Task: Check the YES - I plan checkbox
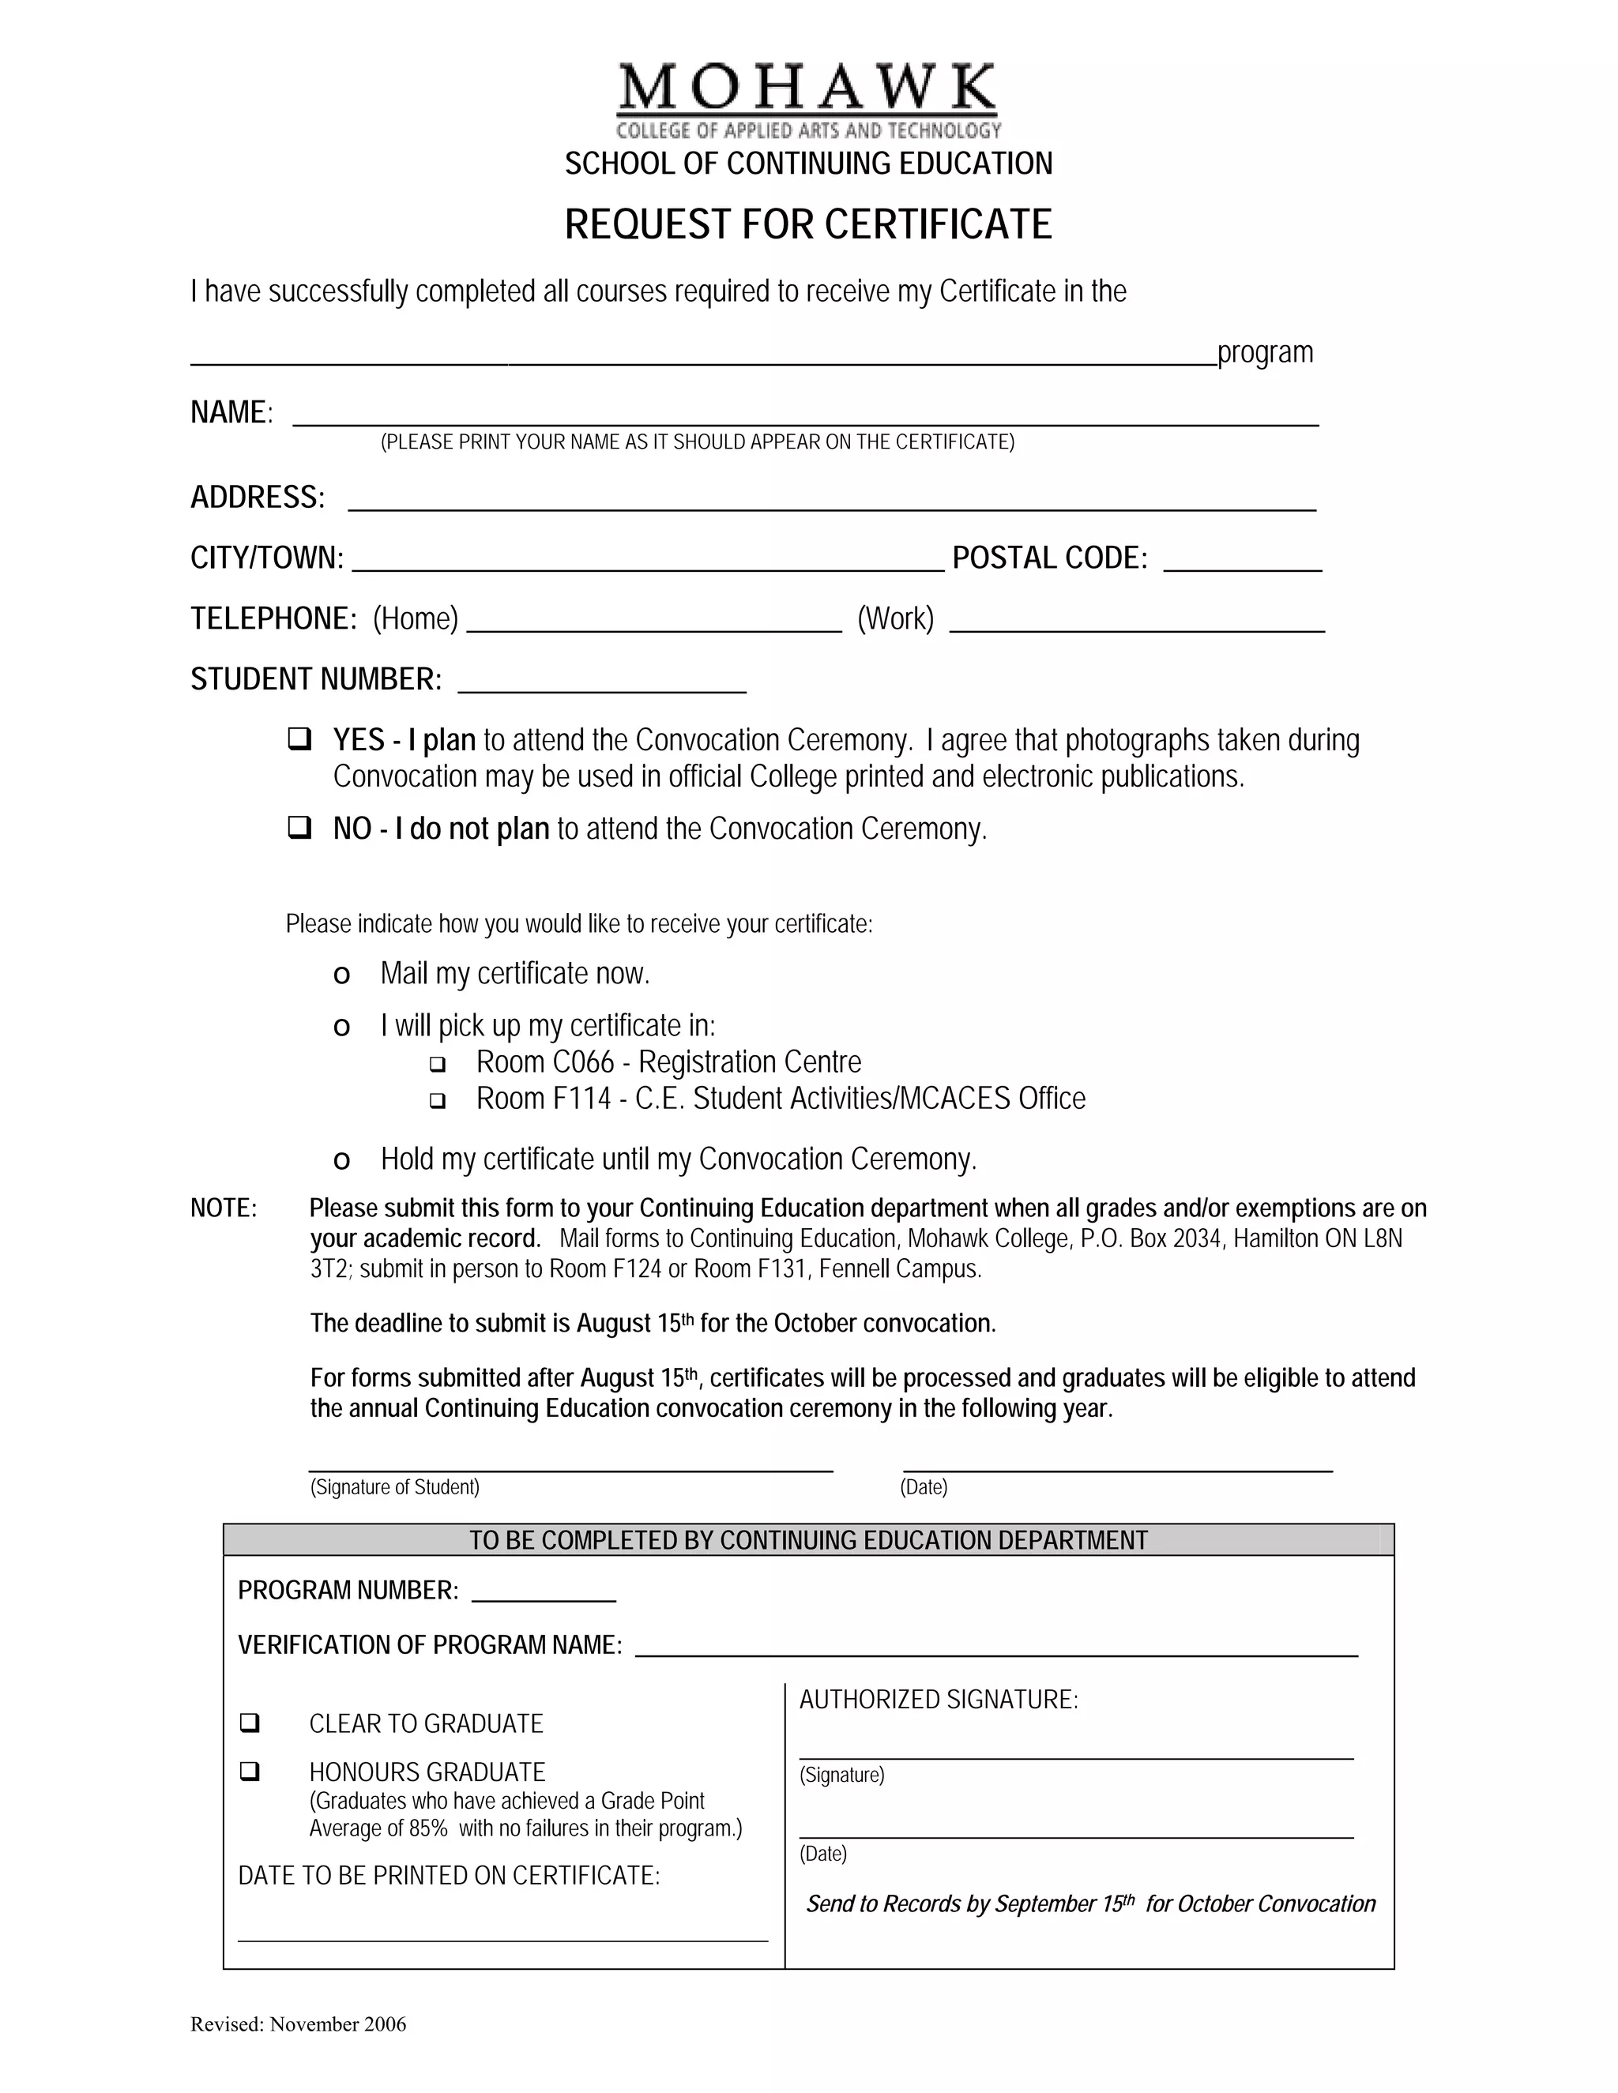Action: coord(299,739)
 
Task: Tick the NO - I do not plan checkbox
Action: coord(299,826)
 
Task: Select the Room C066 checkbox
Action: coord(437,1064)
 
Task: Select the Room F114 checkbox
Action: coord(437,1100)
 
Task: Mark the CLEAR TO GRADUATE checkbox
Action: coord(249,1722)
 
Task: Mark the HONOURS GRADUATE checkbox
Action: coord(249,1771)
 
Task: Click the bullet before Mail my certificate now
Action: coord(341,975)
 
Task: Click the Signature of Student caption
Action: coord(395,1486)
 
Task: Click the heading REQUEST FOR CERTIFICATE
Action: coord(808,224)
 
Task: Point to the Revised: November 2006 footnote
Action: coord(298,2024)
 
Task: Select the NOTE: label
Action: coord(224,1208)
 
